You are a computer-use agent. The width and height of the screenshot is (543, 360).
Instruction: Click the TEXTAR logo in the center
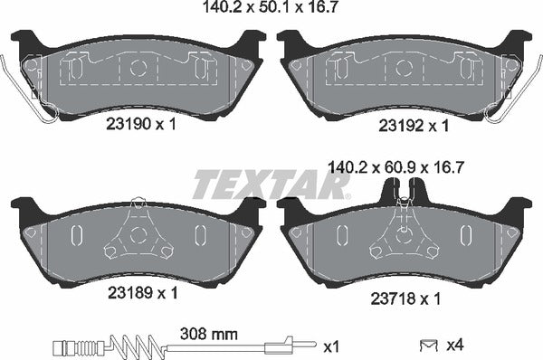[269, 185]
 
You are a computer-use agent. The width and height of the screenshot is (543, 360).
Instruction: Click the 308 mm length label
[211, 334]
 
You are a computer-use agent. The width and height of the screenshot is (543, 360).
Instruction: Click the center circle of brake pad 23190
[138, 67]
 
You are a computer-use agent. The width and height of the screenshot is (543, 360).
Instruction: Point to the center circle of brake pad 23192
[405, 67]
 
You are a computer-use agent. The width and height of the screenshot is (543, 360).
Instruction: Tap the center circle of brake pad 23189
[138, 235]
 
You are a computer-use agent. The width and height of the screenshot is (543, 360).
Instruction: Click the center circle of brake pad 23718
[405, 235]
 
